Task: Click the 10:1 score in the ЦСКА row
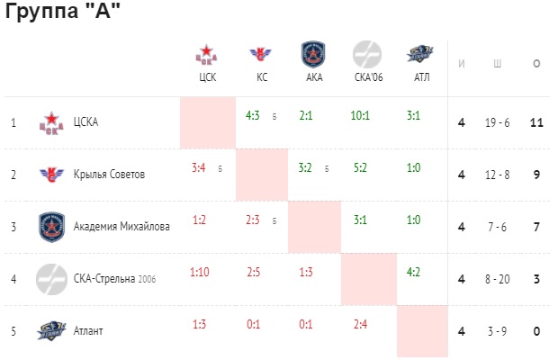[360, 115]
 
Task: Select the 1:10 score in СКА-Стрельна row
[199, 272]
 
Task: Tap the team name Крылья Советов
[109, 175]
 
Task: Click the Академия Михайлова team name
[121, 226]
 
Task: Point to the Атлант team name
[88, 331]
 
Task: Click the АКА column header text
[314, 77]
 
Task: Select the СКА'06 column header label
[369, 77]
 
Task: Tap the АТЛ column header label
[422, 77]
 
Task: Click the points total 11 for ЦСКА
[536, 122]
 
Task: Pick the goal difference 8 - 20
[497, 279]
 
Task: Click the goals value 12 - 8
[497, 175]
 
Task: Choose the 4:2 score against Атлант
[413, 272]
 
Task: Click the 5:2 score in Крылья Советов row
[360, 167]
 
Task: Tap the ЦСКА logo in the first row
[51, 123]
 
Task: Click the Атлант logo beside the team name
[51, 331]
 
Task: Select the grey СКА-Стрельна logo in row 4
[51, 279]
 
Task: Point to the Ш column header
[497, 64]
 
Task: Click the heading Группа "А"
[63, 10]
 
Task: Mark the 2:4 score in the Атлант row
[360, 324]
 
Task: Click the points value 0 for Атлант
[536, 331]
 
